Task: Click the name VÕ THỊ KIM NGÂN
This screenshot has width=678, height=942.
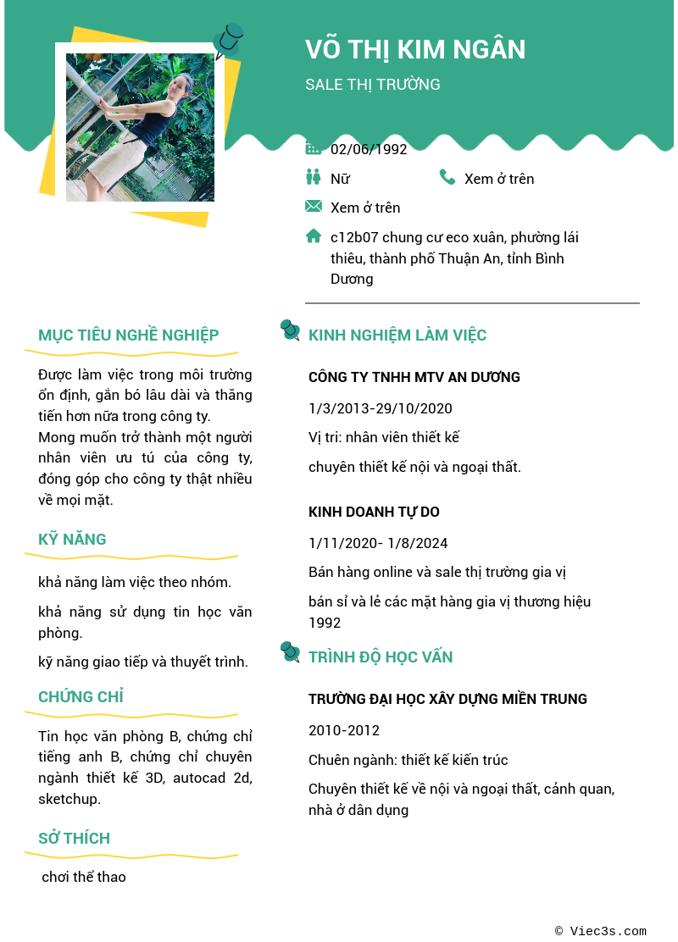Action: tap(415, 50)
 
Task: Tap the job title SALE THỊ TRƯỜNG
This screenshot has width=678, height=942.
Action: tap(373, 85)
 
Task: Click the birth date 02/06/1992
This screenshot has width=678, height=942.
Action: tap(369, 150)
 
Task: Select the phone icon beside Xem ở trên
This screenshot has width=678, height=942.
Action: tap(447, 177)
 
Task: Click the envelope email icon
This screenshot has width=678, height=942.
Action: tap(314, 206)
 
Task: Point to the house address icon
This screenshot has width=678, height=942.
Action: tap(314, 236)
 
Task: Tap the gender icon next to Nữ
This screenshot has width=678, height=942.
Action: tap(314, 177)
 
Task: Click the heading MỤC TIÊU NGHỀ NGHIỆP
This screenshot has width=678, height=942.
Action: tap(129, 335)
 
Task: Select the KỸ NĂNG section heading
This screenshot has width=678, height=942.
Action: tap(72, 540)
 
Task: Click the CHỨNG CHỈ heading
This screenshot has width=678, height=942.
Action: tap(81, 697)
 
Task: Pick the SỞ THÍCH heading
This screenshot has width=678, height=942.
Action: tap(74, 839)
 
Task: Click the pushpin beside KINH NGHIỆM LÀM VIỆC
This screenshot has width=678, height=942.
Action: tap(290, 330)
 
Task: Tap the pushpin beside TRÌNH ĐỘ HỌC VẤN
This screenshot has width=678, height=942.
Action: tap(290, 652)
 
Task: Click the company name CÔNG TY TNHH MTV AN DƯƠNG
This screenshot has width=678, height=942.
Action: tap(414, 378)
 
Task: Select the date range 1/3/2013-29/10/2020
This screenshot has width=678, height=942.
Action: tap(381, 408)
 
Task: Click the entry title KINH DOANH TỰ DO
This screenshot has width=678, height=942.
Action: tap(374, 513)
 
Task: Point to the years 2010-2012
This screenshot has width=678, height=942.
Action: tap(344, 730)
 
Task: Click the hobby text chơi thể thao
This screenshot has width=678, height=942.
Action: tap(84, 878)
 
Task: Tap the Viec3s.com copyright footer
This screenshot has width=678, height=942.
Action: tap(601, 931)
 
